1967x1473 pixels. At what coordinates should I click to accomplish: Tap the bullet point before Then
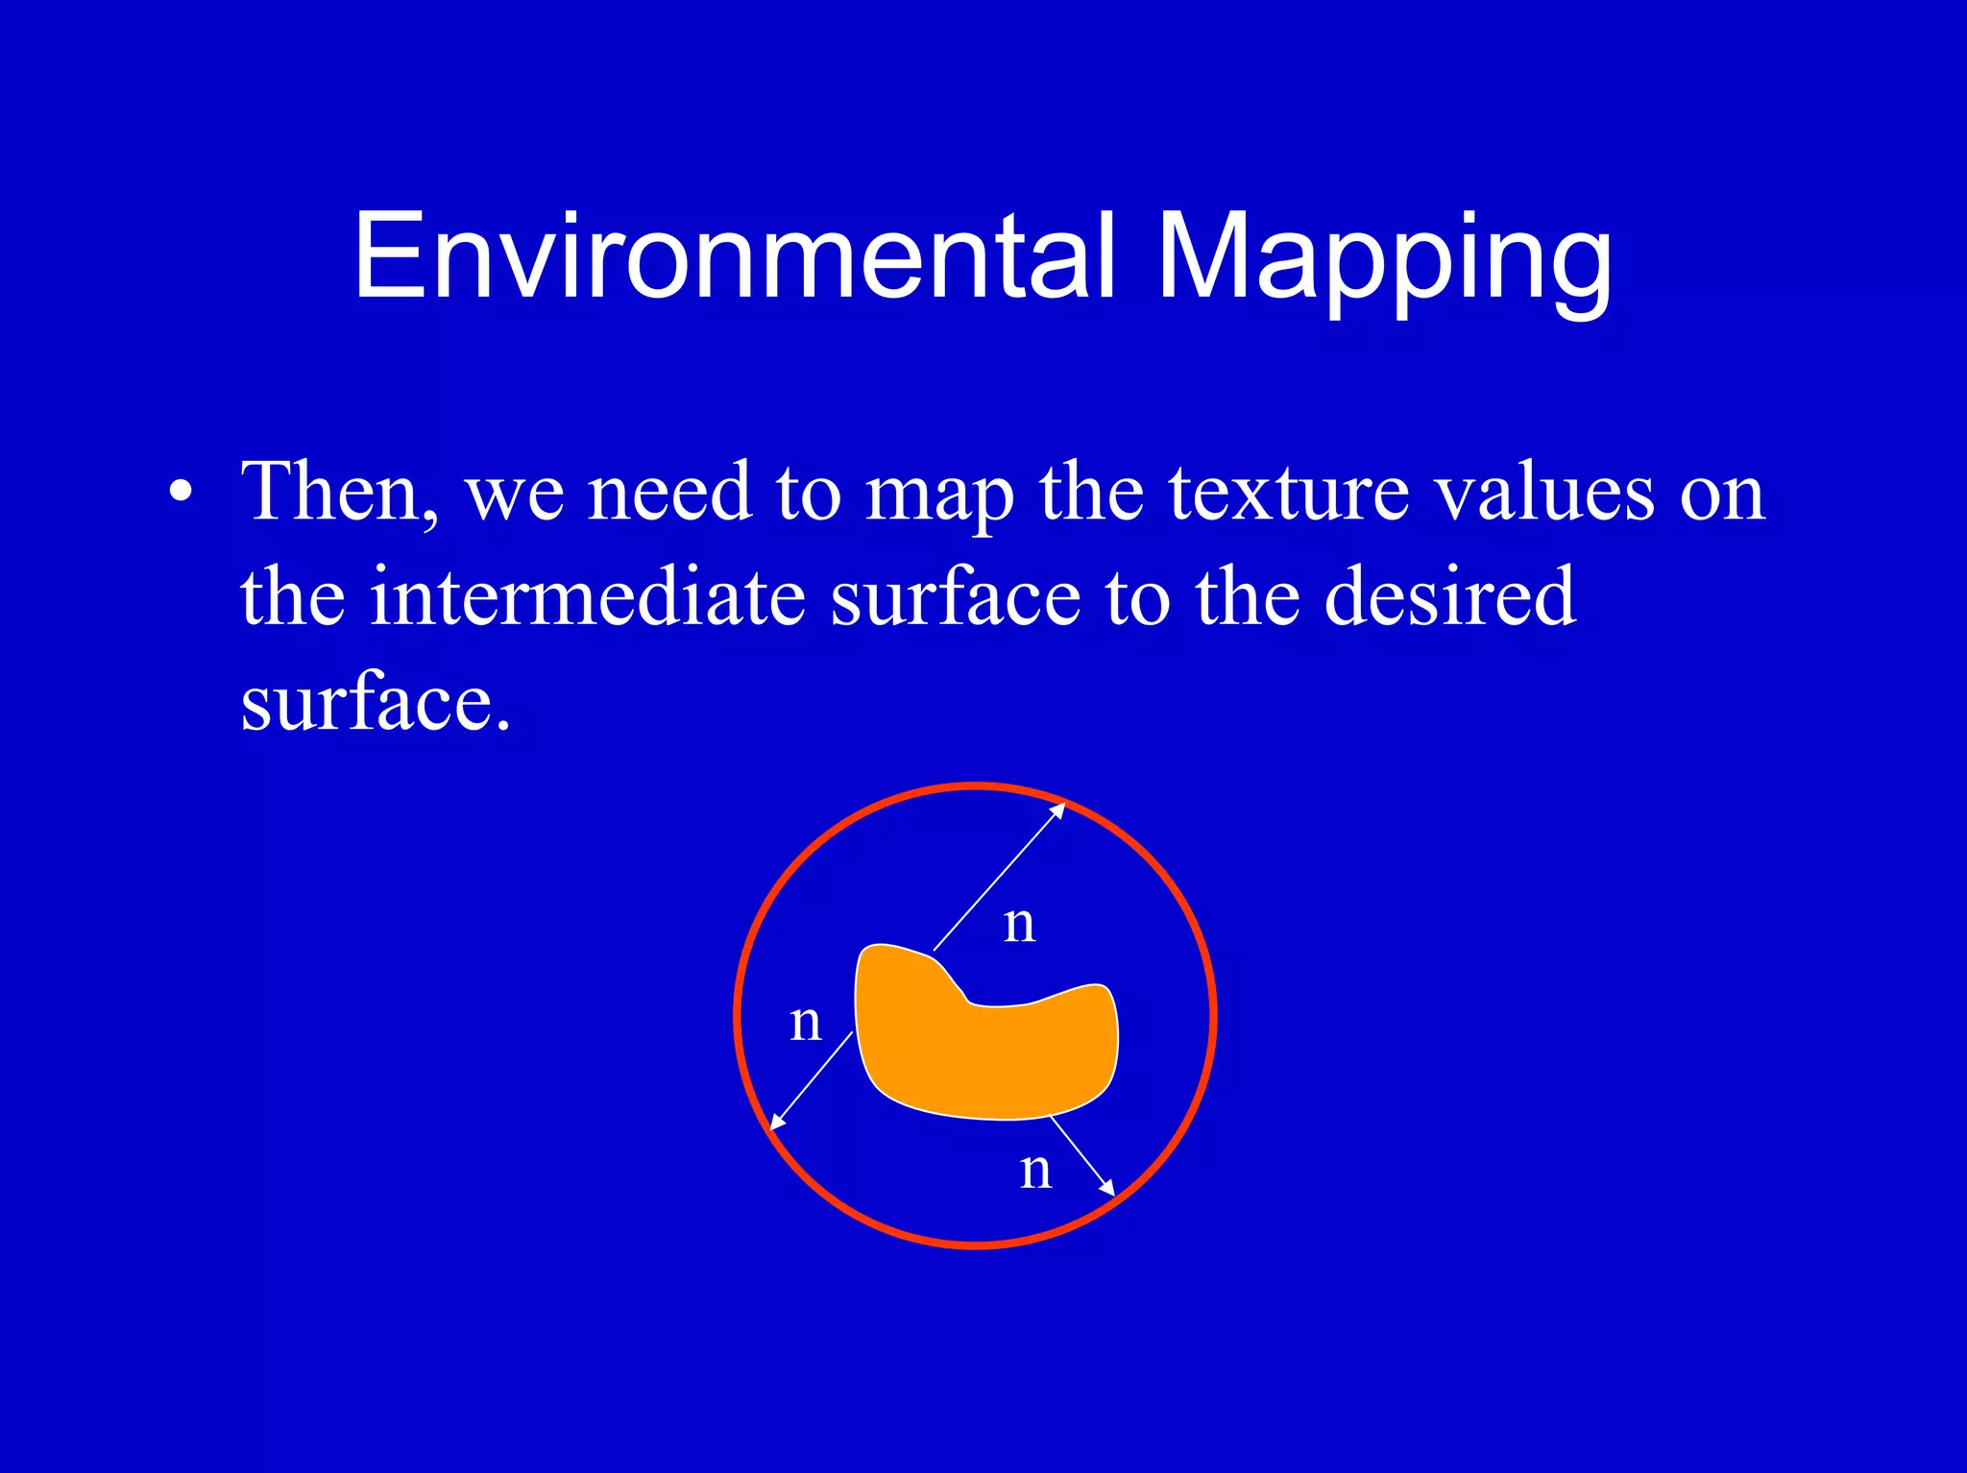click(180, 493)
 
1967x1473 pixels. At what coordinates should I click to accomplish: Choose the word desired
click(1449, 597)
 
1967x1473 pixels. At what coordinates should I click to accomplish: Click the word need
click(668, 493)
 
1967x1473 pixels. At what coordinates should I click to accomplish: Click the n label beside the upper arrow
click(1019, 925)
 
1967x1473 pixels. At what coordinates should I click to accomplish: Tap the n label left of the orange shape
click(806, 1023)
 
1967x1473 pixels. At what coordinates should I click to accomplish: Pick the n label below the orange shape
click(1036, 1171)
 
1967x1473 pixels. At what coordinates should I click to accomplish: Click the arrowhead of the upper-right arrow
click(1059, 808)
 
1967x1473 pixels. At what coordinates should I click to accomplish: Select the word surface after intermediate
click(955, 597)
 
